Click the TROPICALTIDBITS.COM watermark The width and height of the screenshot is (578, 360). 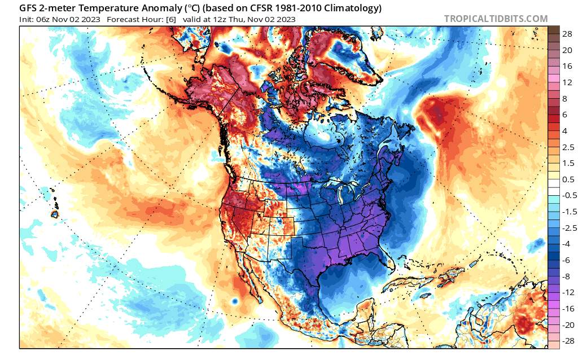pos(496,19)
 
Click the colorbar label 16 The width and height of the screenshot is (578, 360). pos(567,65)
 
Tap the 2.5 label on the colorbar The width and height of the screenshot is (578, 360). pos(569,147)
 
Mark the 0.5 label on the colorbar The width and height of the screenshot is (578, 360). pos(569,179)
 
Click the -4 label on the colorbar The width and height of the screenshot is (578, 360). pos(567,244)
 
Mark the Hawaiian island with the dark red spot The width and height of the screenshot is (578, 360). pos(55,214)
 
